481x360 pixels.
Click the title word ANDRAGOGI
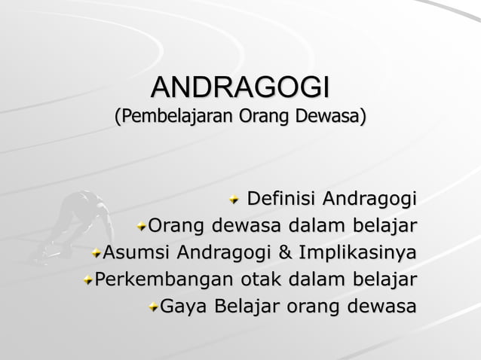[x=240, y=87]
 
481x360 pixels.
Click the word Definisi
[x=281, y=200]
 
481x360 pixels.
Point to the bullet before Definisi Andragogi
[x=235, y=200]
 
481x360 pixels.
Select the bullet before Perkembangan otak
[x=88, y=280]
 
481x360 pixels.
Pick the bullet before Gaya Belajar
[x=154, y=307]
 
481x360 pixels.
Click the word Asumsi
[x=134, y=252]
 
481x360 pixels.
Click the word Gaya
[x=185, y=307]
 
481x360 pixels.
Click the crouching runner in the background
[x=75, y=226]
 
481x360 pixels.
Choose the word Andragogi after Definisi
[x=369, y=200]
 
